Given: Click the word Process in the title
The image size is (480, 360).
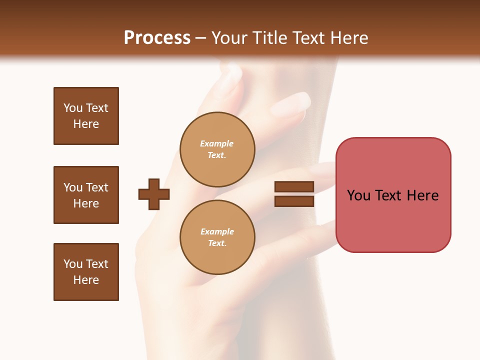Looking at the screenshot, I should [157, 38].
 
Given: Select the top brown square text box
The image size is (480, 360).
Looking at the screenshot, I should [86, 116].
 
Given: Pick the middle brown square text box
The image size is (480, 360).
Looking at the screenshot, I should [86, 195].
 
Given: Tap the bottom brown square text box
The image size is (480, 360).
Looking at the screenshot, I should [86, 272].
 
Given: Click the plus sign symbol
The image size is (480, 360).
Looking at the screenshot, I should [154, 194].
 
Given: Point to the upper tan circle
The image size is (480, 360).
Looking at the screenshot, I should [217, 149].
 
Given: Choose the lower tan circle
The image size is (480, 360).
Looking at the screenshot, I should [217, 237].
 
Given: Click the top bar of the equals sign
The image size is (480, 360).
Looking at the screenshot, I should [294, 187].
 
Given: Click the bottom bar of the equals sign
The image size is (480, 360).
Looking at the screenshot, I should [294, 201].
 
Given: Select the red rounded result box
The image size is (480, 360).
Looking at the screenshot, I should [393, 195].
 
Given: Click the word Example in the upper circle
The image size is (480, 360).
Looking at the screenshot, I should [217, 143].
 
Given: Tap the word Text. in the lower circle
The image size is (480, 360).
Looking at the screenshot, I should [217, 243].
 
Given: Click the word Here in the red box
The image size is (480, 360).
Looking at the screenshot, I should [422, 195].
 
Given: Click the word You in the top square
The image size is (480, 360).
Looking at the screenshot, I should [72, 108].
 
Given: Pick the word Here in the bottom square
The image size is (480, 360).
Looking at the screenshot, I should [86, 280].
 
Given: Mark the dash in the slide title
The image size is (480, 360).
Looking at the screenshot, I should [200, 38].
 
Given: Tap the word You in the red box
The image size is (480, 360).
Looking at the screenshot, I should [359, 195].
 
